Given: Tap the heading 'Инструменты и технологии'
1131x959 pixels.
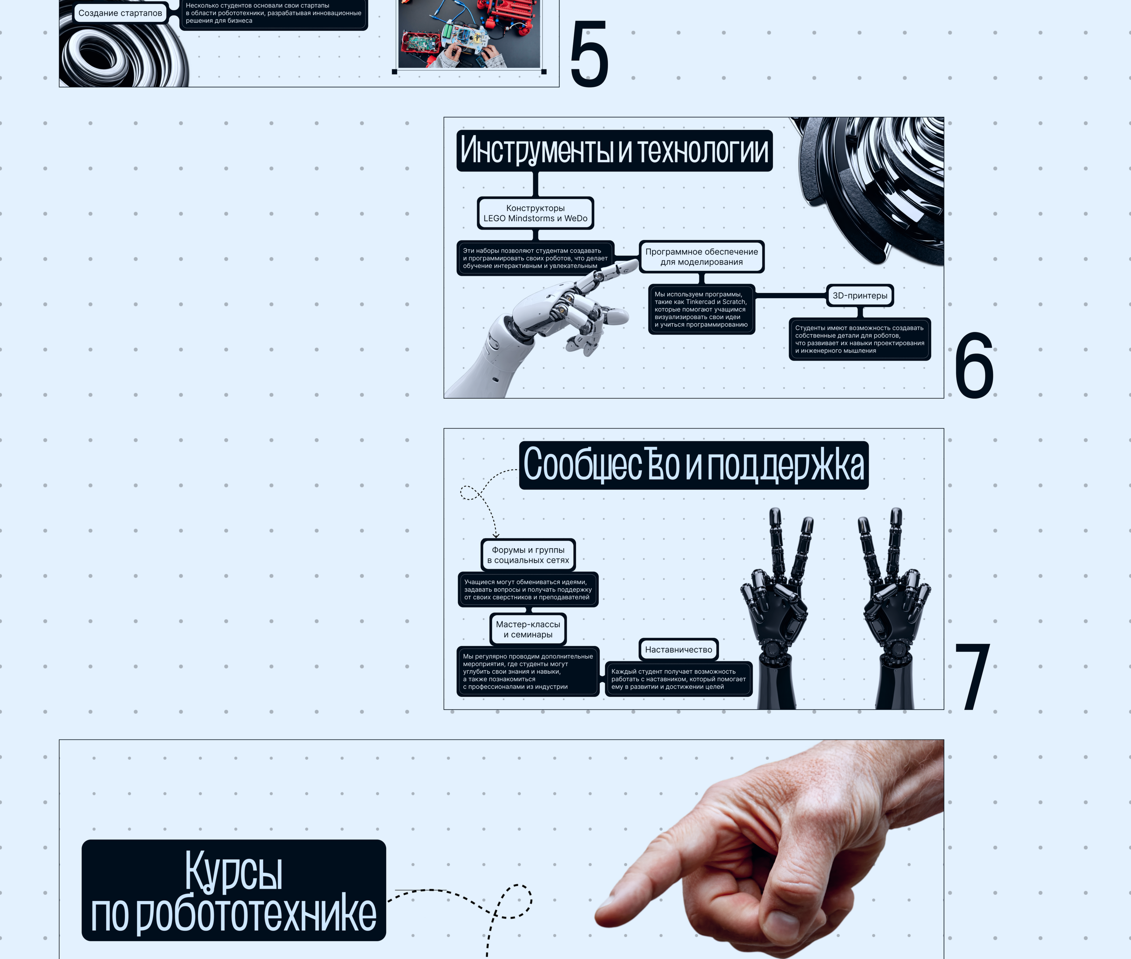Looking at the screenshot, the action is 614,151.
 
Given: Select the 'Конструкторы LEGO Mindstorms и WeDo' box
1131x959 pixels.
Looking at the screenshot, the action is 535,213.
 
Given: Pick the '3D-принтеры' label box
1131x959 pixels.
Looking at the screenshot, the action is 860,296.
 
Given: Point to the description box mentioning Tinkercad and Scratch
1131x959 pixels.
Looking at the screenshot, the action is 701,309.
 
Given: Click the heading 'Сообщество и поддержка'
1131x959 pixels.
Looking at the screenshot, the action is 694,466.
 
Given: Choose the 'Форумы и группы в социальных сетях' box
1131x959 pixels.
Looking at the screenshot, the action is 528,555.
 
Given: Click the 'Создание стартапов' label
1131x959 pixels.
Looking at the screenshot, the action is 120,13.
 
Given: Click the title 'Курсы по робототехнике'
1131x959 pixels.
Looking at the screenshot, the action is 234,890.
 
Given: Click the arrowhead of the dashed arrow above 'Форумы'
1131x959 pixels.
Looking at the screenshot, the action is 496,536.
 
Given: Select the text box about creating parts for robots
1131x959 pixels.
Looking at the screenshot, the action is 860,339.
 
